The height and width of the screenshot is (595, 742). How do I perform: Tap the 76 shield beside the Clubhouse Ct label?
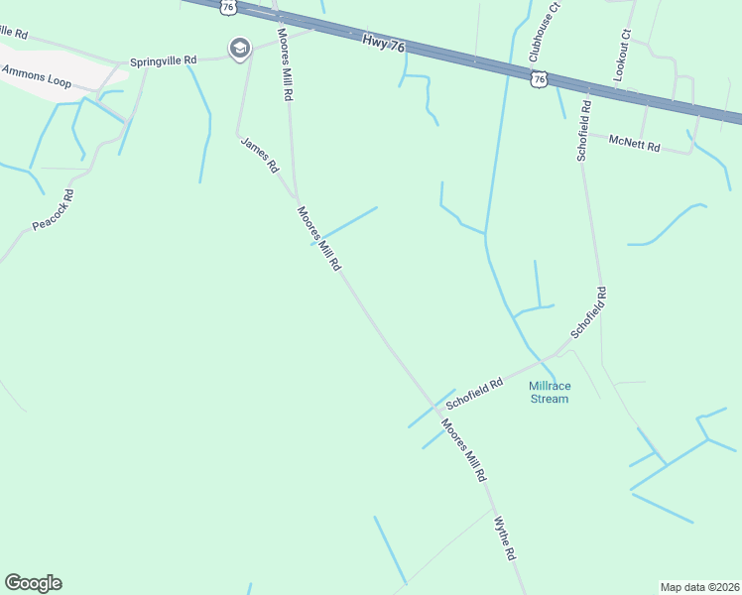(539, 78)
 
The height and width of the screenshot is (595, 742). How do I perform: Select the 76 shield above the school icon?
(229, 6)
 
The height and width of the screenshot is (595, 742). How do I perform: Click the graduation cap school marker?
(239, 48)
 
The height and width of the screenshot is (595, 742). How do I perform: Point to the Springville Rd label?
(164, 60)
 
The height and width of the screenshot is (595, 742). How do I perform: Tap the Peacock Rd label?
(54, 209)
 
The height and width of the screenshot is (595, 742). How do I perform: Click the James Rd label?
(260, 156)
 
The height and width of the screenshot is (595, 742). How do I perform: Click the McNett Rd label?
(635, 143)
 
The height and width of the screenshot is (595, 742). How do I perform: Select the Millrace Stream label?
(549, 392)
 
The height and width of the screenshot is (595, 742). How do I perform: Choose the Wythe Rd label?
(506, 538)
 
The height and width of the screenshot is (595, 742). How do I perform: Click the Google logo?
(33, 583)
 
